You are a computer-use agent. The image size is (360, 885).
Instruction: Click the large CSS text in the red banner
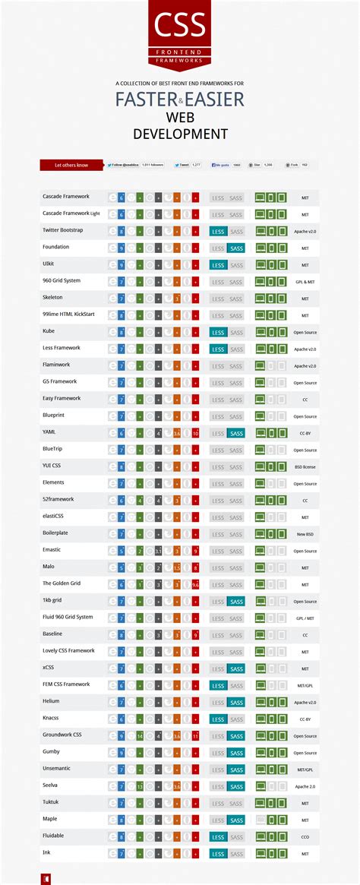click(179, 24)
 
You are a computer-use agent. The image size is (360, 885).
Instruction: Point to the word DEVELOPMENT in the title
click(180, 134)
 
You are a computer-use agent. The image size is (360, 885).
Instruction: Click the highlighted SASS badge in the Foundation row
click(236, 248)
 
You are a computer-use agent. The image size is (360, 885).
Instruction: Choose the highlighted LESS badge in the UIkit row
click(218, 265)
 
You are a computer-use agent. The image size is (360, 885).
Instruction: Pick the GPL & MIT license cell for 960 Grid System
click(305, 282)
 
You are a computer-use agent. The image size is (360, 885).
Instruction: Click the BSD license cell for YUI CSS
click(305, 466)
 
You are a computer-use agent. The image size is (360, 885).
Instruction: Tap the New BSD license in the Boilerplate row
click(305, 534)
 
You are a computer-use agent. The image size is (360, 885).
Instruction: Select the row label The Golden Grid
click(62, 583)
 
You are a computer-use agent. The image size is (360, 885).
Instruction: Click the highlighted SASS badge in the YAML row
click(236, 433)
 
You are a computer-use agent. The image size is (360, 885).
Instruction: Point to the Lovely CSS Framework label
click(68, 650)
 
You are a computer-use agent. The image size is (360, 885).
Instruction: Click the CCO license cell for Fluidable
click(305, 837)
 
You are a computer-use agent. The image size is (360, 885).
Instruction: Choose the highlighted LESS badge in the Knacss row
click(218, 719)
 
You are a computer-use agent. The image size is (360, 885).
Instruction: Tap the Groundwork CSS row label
click(62, 735)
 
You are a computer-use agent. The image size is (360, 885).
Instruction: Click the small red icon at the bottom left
click(46, 878)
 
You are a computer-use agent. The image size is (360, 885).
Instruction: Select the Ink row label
click(46, 852)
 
